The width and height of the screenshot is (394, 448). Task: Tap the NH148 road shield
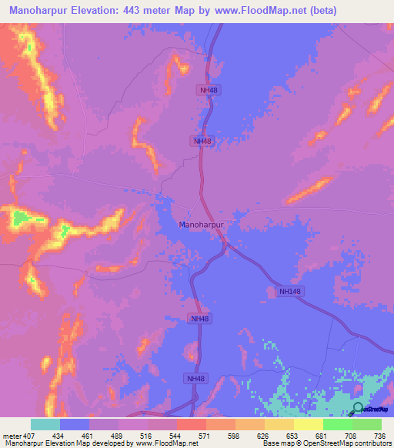pyautogui.click(x=288, y=291)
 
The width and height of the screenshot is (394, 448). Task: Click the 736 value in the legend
pyautogui.click(x=378, y=435)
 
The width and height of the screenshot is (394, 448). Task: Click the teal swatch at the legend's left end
pyautogui.click(x=45, y=424)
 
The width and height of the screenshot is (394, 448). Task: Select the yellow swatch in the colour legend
pyautogui.click(x=308, y=424)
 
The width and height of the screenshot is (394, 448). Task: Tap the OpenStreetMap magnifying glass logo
pyautogui.click(x=358, y=408)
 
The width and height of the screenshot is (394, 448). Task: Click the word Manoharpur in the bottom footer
pyautogui.click(x=22, y=443)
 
